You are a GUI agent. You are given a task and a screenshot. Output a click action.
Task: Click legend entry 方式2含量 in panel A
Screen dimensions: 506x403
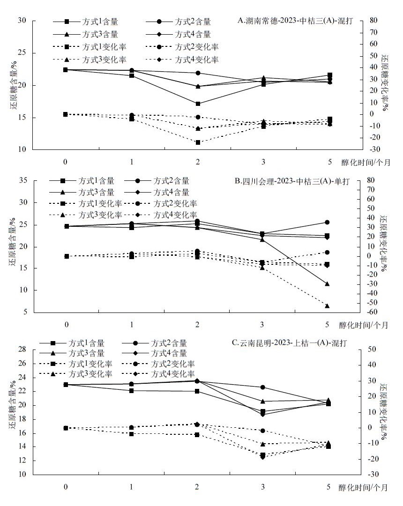tap(193, 22)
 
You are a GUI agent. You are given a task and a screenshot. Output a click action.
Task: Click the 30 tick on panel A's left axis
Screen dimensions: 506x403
tap(22, 21)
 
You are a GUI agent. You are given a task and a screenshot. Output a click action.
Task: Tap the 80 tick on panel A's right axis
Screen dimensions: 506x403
tap(373, 21)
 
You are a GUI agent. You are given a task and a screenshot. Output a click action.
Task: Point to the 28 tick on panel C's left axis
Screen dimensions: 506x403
tap(22, 350)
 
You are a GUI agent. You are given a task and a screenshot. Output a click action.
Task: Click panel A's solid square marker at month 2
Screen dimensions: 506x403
tap(198, 104)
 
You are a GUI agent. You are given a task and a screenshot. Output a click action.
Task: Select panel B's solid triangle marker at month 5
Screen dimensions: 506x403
tap(327, 283)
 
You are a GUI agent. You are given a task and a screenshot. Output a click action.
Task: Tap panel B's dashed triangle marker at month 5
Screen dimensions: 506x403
tap(327, 306)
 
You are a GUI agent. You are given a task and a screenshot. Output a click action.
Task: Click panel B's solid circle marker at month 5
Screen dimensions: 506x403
tap(327, 222)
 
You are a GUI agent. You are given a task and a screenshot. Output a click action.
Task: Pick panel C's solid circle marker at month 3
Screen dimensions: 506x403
tap(262, 387)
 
